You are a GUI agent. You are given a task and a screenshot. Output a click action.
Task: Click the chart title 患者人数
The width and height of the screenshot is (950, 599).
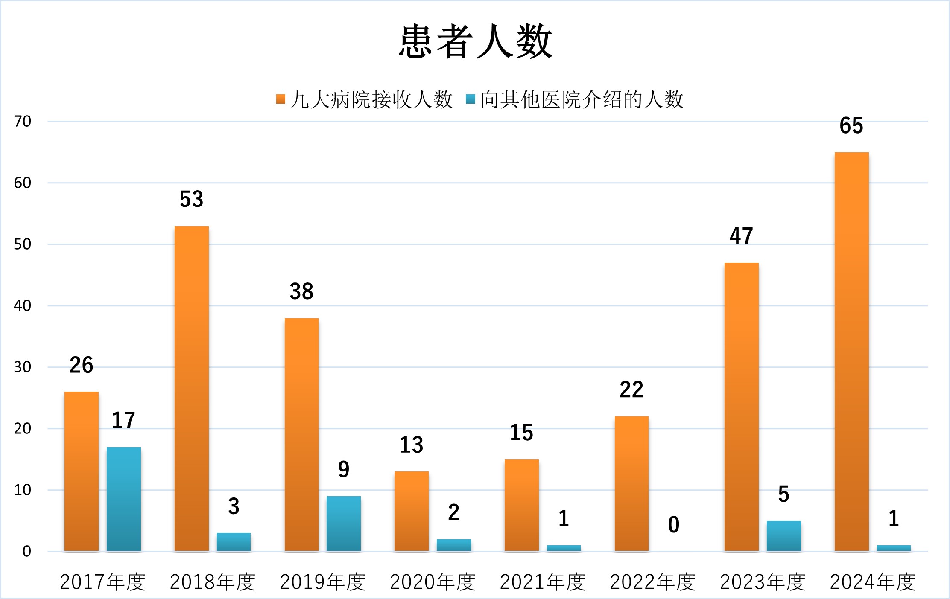(476, 41)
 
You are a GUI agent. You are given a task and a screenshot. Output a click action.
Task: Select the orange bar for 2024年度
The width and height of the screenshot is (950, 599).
(851, 352)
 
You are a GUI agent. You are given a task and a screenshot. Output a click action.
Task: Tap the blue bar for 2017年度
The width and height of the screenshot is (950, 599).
(123, 499)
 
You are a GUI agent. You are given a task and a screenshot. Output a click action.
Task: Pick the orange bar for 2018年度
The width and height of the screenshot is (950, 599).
(191, 388)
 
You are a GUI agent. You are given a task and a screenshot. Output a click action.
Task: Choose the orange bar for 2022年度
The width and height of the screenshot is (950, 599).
(631, 483)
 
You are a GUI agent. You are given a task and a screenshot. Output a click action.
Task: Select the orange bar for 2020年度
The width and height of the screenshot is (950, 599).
(411, 511)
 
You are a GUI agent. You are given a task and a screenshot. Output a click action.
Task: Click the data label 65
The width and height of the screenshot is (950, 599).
(851, 125)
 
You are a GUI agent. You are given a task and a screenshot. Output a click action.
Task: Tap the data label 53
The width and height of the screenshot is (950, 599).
(191, 199)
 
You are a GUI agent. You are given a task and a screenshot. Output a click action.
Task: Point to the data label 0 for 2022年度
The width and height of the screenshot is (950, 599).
(673, 524)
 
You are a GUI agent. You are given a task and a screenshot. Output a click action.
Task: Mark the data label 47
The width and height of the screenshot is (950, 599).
(741, 236)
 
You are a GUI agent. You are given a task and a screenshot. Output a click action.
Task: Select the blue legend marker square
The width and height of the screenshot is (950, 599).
(471, 99)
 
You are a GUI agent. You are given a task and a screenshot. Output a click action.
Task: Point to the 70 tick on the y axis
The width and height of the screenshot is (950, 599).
(23, 122)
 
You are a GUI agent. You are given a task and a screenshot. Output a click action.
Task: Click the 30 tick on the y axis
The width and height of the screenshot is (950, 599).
(23, 367)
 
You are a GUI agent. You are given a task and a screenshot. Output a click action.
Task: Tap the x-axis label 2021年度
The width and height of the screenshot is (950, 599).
(542, 582)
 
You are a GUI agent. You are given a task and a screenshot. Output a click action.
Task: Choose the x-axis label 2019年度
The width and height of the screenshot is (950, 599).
(322, 582)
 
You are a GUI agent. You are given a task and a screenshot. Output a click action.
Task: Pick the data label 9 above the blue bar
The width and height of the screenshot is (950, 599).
(343, 469)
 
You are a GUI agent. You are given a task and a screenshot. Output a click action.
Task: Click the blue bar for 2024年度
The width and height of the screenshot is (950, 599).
(893, 548)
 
